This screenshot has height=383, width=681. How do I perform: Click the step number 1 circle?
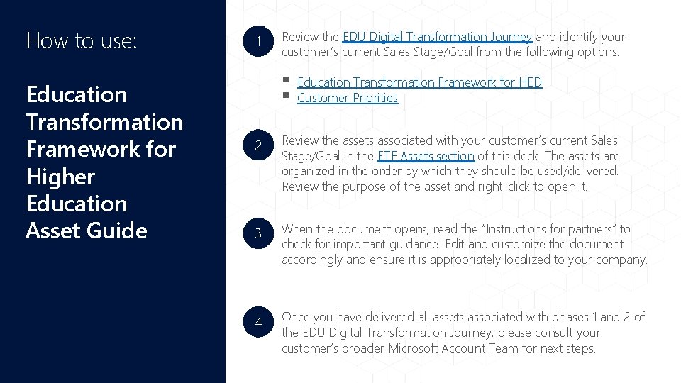tap(259, 44)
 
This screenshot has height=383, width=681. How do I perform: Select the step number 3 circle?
tap(259, 233)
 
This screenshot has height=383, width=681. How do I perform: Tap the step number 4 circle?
tap(259, 322)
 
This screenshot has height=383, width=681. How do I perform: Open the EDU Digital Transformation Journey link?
tap(437, 37)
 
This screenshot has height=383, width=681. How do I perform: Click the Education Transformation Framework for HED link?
tap(419, 82)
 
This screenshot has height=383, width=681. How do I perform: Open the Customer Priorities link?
tap(348, 98)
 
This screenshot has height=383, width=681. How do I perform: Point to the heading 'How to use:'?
tap(81, 40)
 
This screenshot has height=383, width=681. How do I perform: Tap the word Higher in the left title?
tap(60, 177)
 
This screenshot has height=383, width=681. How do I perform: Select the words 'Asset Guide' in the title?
tap(87, 231)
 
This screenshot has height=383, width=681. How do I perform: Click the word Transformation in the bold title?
tap(104, 122)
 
